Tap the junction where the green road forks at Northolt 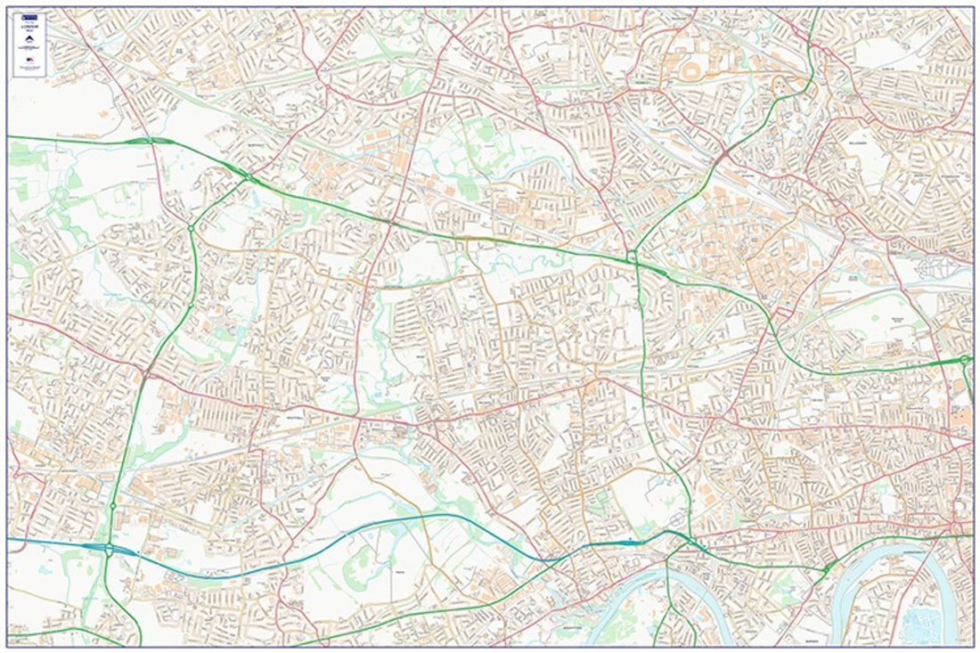[x=249, y=178]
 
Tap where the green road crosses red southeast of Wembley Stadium [x=722, y=157]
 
